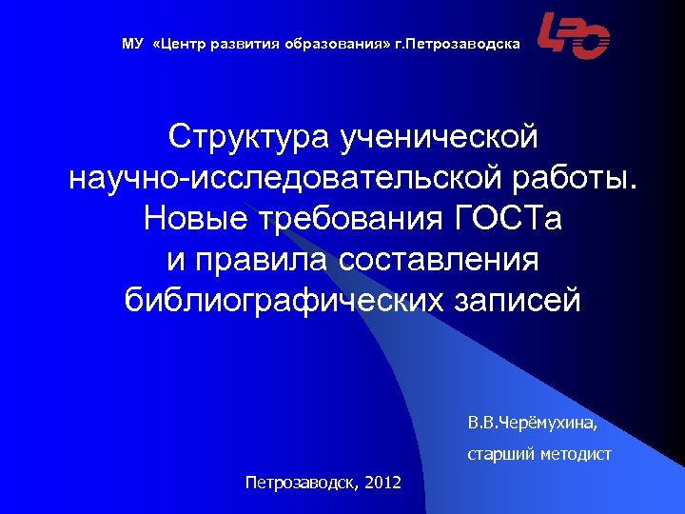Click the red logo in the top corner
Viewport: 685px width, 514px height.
tap(574, 37)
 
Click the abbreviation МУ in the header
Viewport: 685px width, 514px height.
tap(132, 44)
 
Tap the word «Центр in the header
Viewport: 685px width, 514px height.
tap(175, 44)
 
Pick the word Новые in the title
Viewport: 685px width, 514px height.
tap(186, 220)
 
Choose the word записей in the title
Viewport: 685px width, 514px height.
tap(511, 301)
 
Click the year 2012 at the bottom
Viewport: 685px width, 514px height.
tap(382, 484)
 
